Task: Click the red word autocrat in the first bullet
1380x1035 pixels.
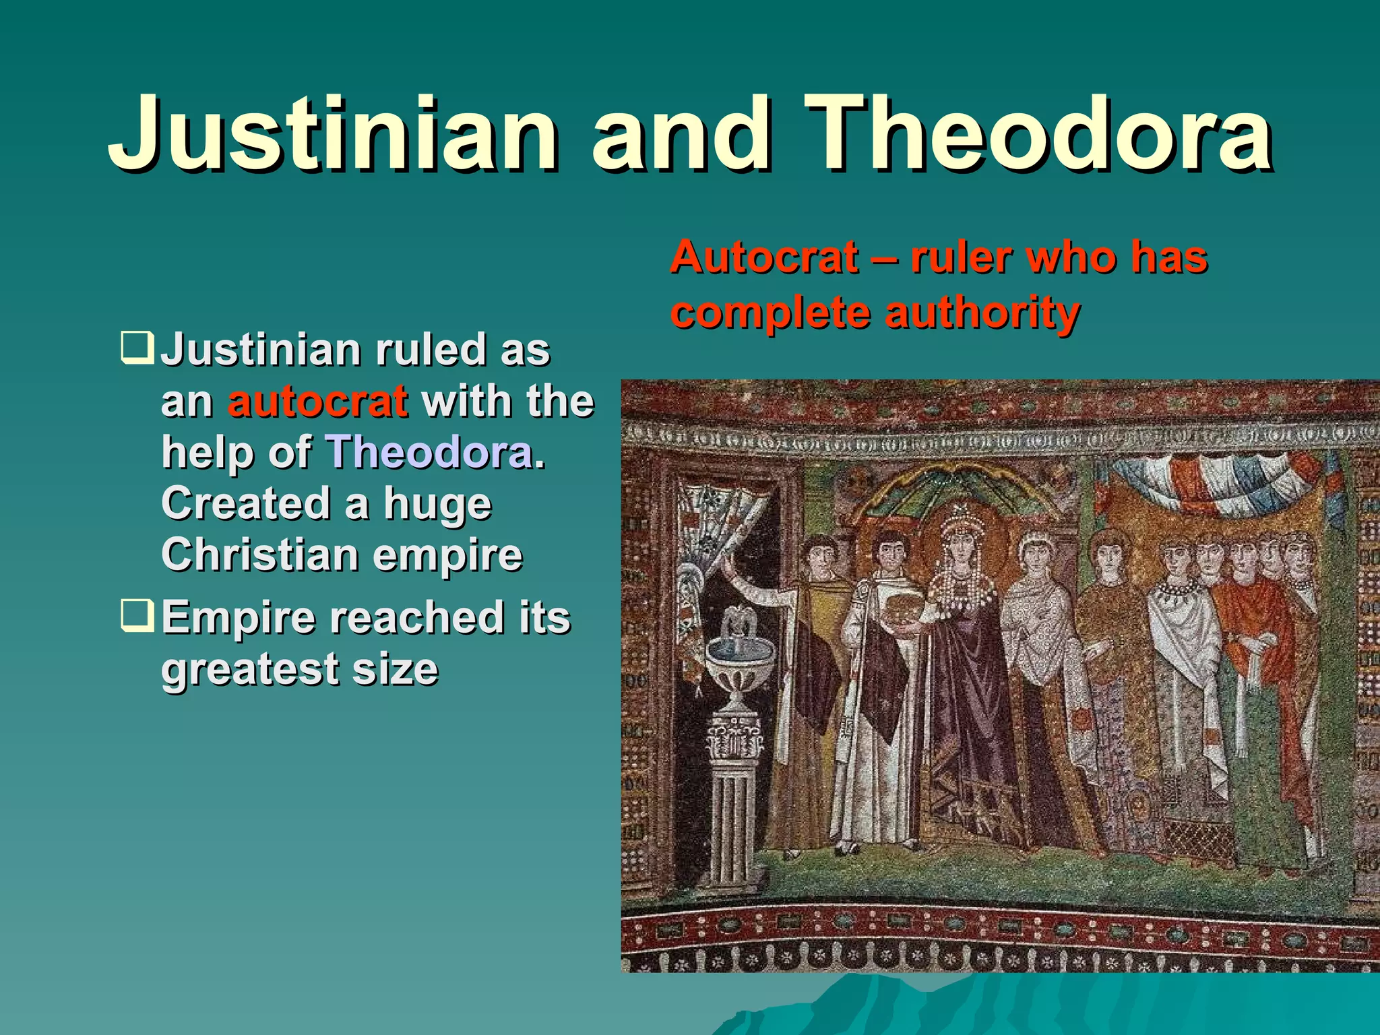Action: [x=317, y=402]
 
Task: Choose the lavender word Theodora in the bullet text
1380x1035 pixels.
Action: [x=430, y=452]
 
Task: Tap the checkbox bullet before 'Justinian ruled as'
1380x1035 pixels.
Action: [x=137, y=347]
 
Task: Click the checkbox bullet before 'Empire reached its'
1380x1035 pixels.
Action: [x=137, y=615]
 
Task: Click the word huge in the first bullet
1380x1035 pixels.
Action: [x=437, y=503]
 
